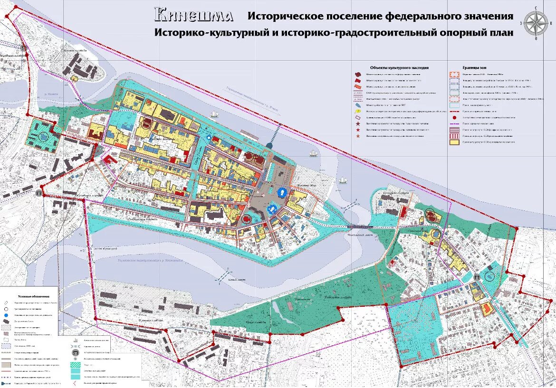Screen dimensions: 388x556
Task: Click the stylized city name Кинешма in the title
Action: tap(193, 15)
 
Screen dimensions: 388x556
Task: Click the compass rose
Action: tap(536, 23)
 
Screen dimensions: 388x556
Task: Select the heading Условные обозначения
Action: tap(29, 296)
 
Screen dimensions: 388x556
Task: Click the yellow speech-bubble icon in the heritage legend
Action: tap(358, 111)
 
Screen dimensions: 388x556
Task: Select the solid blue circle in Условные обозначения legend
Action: tap(6, 315)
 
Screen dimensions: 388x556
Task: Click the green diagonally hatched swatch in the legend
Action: tap(77, 363)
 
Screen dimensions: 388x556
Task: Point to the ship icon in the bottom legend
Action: tap(77, 346)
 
